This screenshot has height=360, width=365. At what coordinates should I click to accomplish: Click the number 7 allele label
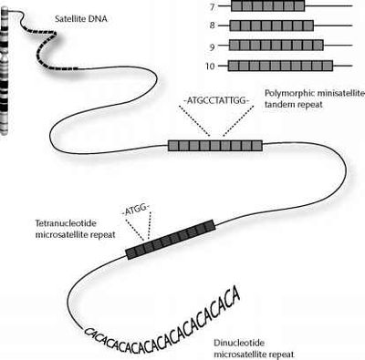click(211, 5)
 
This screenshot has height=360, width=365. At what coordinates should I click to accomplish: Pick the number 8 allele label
click(211, 25)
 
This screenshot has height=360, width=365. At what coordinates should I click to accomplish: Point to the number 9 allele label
click(211, 45)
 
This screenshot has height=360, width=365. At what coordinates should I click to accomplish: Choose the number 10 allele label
click(210, 66)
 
